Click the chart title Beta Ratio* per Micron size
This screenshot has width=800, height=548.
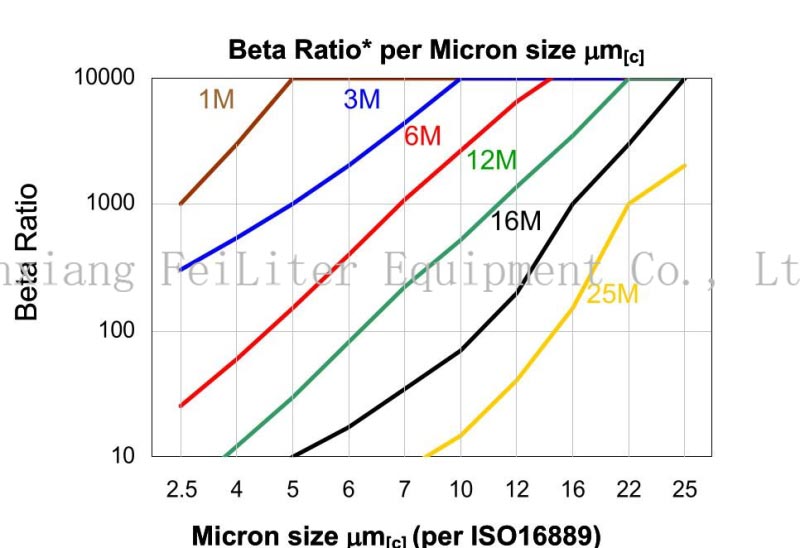(436, 50)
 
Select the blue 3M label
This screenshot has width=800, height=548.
(362, 99)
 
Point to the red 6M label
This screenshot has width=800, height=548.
(422, 136)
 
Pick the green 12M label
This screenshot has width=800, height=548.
(491, 159)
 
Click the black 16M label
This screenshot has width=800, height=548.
(516, 221)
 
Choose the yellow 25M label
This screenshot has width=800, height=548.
(612, 294)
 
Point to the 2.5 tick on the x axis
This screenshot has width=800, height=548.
(181, 490)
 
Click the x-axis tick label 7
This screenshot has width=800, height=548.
(404, 490)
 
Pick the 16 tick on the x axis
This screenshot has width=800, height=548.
(572, 490)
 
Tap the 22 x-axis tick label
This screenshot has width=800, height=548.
(628, 490)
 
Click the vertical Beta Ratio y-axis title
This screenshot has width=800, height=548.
(28, 252)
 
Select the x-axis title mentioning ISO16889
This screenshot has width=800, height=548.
(396, 535)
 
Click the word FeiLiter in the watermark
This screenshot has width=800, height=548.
(256, 269)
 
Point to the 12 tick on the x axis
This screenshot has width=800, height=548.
(516, 490)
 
